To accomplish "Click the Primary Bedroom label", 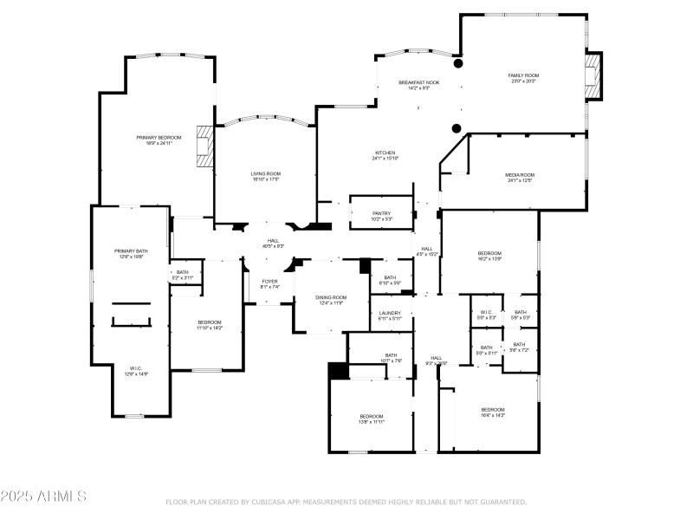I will pos(159,139).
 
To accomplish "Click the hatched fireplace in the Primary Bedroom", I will pos(204,146).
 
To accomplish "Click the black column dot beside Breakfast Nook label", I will pos(458,63).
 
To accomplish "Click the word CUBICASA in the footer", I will pos(272,502).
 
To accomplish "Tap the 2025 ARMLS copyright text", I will pos(43,497).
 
